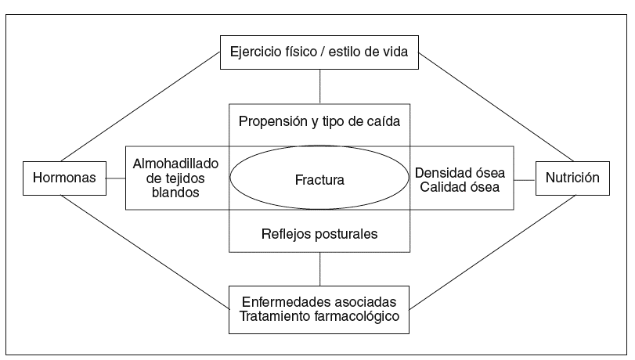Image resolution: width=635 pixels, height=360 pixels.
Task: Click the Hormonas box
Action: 64,178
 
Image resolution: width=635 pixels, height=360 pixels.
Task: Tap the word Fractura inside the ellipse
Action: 319,179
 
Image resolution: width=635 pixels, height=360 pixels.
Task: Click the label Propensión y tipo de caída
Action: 319,122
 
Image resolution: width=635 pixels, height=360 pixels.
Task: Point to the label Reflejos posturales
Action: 319,232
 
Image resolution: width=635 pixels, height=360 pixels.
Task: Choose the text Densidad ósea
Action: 460,171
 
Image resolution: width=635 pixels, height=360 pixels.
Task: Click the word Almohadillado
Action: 175,164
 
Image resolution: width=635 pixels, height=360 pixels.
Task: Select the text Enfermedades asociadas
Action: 319,301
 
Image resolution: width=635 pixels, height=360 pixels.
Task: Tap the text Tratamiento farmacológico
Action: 319,316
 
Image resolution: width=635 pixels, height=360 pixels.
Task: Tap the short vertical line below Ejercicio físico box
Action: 319,86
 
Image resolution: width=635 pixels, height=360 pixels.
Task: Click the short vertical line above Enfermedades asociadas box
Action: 319,269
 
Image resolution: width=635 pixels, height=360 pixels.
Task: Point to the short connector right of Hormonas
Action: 115,178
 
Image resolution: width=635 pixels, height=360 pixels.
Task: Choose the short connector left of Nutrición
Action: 525,178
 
